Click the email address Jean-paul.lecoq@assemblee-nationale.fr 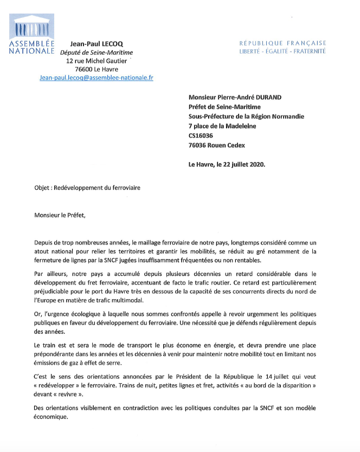point(97,78)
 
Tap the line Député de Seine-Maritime point(96,53)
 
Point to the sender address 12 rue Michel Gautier point(97,61)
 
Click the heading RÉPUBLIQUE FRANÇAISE point(283,43)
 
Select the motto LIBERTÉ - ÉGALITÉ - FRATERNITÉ point(282,51)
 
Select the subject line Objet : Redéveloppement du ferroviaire point(87,188)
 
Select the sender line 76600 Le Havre point(95,69)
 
